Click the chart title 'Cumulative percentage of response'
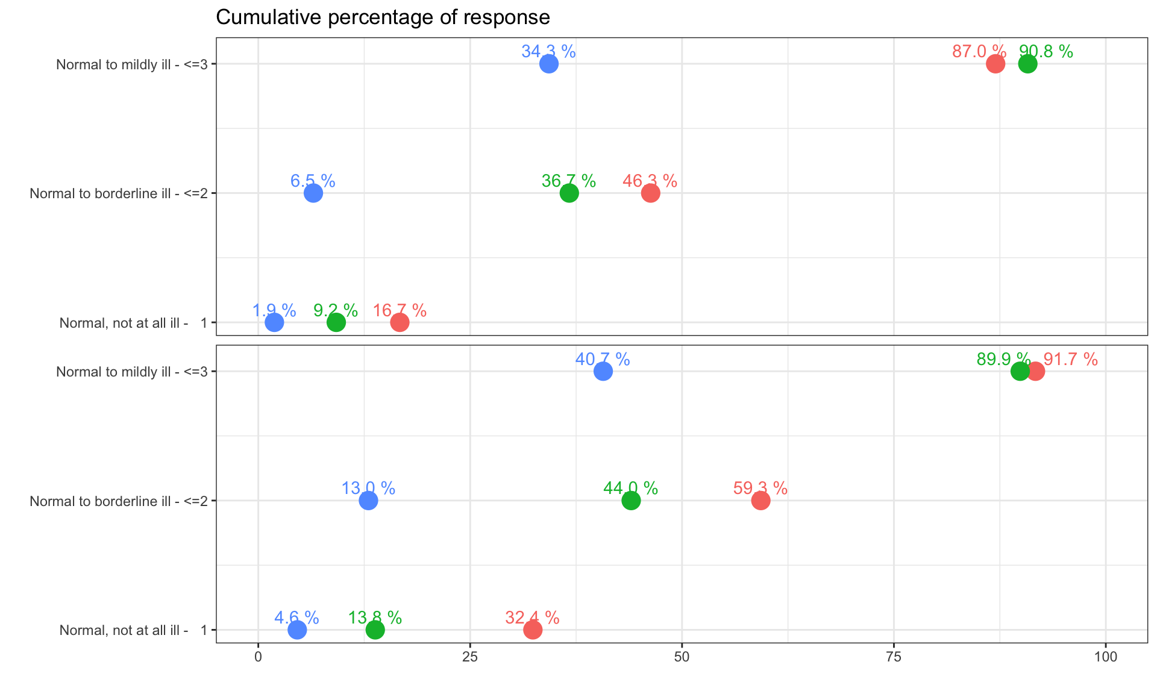[x=383, y=17]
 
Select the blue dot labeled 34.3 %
[x=548, y=64]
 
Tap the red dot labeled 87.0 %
[x=996, y=64]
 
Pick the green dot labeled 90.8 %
[x=1028, y=64]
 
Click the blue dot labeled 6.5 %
[x=313, y=193]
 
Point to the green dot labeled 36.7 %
[x=569, y=193]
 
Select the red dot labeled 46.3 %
[x=650, y=193]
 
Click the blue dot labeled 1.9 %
[x=274, y=322]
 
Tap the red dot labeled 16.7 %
[x=400, y=322]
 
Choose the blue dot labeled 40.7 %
[x=603, y=371]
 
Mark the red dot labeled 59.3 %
[x=760, y=501]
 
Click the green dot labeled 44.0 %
[x=631, y=501]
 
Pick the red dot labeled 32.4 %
[x=533, y=630]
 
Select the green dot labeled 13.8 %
[x=375, y=630]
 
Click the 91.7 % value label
[x=1070, y=360]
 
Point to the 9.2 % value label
[x=336, y=311]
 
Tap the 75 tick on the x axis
[x=894, y=657]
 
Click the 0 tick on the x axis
[x=258, y=657]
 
